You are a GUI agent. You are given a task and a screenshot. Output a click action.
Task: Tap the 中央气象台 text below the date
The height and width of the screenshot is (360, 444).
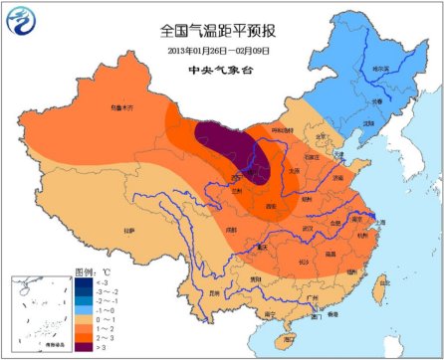pyautogui.click(x=220, y=71)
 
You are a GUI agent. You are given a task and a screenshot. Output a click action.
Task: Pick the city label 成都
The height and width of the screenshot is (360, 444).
pyautogui.click(x=231, y=230)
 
